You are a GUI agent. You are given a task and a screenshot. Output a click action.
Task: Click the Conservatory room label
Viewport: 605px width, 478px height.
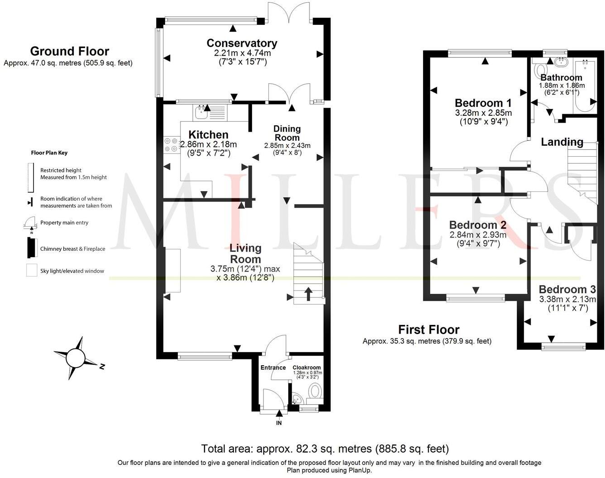(242, 43)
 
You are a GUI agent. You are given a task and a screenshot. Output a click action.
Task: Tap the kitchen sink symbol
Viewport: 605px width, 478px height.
(200, 111)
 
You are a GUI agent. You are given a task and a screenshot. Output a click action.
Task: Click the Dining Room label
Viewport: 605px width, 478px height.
(287, 133)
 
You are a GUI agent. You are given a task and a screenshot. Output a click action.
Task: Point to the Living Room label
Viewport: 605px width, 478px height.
(245, 253)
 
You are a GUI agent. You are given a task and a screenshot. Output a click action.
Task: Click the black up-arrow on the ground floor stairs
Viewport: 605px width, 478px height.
(309, 294)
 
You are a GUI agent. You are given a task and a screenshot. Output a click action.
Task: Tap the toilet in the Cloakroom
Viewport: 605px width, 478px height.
(314, 392)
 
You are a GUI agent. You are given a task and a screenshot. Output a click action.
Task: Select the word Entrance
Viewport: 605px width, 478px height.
(273, 368)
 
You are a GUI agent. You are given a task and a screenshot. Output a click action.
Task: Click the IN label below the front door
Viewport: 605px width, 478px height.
(279, 423)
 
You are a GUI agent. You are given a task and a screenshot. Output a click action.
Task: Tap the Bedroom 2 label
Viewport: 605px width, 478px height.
(477, 225)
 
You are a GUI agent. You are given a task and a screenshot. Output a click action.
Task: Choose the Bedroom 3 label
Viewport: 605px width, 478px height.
(567, 290)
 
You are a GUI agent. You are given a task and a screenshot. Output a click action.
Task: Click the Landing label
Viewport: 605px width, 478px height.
(562, 142)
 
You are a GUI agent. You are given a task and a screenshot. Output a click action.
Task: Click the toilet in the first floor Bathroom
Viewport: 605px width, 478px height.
(540, 71)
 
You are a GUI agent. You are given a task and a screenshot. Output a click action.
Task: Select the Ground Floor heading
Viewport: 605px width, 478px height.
(69, 51)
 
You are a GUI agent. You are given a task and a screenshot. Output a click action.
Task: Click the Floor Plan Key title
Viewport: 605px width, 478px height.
(49, 153)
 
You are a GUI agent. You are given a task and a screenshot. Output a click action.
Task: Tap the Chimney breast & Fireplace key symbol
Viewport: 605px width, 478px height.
(31, 248)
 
